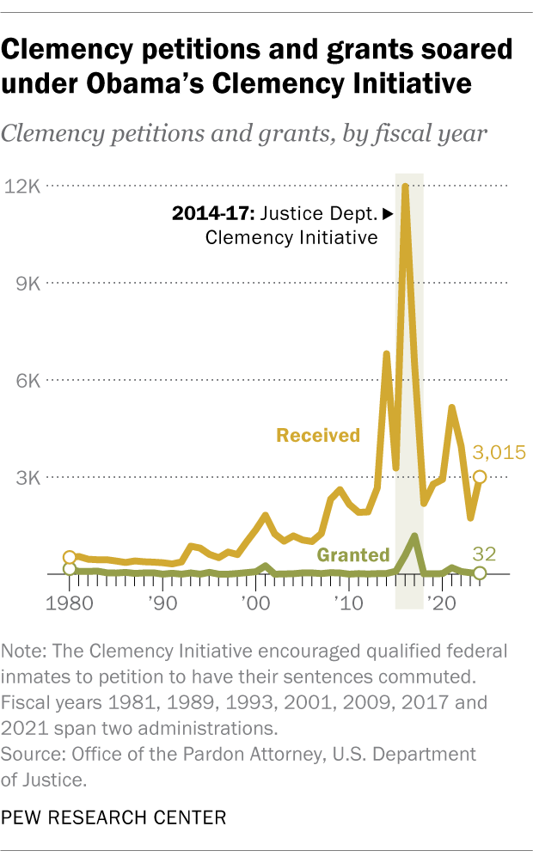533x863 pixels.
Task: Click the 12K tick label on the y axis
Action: (21, 187)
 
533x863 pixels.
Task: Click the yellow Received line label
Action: (317, 435)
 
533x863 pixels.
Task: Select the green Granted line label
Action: (353, 554)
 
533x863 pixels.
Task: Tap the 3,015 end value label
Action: (496, 453)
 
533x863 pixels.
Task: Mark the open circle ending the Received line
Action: (479, 477)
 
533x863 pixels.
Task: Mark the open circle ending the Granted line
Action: (479, 572)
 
